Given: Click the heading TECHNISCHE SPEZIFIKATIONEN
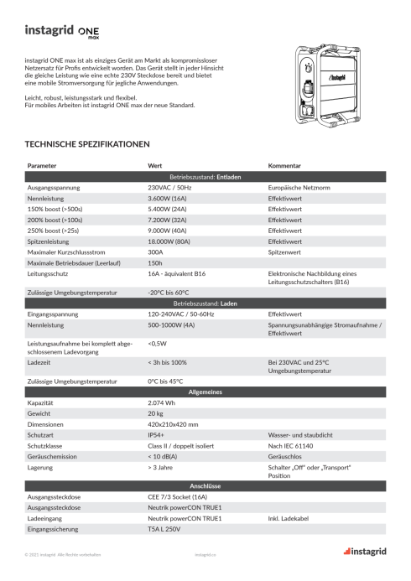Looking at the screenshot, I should coord(88,144).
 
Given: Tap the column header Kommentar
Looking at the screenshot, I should coord(284,166).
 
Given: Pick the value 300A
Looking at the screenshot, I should coord(155,251).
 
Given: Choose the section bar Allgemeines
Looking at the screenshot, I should coord(205,392).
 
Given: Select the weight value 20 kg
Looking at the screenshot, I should coord(155,414).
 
